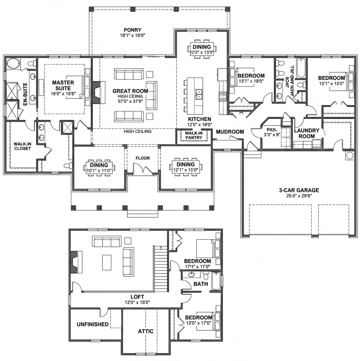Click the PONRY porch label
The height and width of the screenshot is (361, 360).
click(x=133, y=30)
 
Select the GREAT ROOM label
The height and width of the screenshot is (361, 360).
click(x=130, y=91)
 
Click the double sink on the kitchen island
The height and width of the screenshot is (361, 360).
click(x=199, y=94)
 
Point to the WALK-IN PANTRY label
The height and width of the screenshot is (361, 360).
click(x=193, y=135)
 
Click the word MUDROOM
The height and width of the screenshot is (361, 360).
click(x=230, y=132)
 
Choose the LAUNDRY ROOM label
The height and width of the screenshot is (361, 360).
click(x=307, y=133)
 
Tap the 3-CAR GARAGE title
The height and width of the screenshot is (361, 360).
click(x=299, y=190)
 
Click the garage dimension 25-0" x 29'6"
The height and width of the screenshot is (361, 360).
click(x=299, y=196)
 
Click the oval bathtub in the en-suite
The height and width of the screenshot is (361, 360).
click(x=14, y=63)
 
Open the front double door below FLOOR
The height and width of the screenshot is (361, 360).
click(x=143, y=170)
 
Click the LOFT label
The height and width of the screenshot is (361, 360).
click(x=137, y=297)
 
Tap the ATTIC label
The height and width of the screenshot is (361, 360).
click(x=145, y=331)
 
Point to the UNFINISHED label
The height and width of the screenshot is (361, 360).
click(x=93, y=324)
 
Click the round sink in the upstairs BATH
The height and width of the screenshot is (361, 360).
click(x=192, y=275)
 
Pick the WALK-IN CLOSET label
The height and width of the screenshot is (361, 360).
click(x=22, y=146)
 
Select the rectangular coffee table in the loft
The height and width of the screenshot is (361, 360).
click(x=107, y=262)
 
